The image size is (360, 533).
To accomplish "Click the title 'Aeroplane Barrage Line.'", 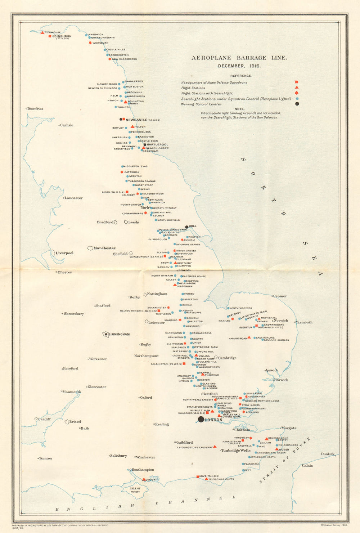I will coord(239,58).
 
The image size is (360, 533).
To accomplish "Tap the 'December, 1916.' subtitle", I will coord(239,66).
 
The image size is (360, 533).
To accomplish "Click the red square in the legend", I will coord(297,82).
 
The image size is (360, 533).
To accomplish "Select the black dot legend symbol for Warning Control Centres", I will coord(297,104).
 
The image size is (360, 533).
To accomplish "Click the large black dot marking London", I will coord(201,420).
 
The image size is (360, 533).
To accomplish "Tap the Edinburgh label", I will coord(62,36).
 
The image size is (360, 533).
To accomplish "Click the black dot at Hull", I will coord(186,227).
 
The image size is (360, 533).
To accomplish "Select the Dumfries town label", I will coord(35,109).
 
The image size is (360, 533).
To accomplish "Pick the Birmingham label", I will coord(119,334).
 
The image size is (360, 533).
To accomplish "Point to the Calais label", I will coord(307,466).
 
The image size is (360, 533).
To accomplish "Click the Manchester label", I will coord(104,248).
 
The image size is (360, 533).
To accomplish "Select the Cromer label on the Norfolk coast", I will coord(280,296).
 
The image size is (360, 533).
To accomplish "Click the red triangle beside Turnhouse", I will coord(43,33).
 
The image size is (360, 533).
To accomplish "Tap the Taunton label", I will coord(45,458).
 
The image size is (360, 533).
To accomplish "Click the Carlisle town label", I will coord(67,125).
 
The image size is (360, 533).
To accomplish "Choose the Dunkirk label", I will coord(328,454).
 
